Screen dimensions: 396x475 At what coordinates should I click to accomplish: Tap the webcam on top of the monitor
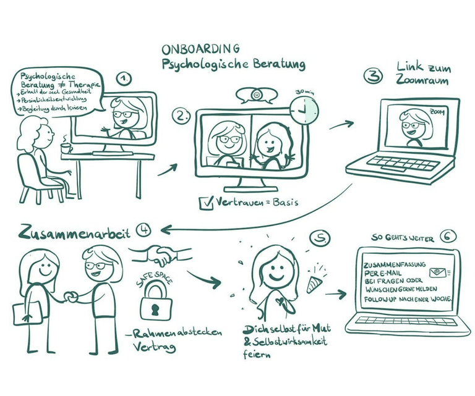click(x=255, y=97)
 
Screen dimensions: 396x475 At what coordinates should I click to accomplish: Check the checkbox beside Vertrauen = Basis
click(x=205, y=201)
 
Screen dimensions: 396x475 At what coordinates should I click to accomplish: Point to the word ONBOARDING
click(x=201, y=48)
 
